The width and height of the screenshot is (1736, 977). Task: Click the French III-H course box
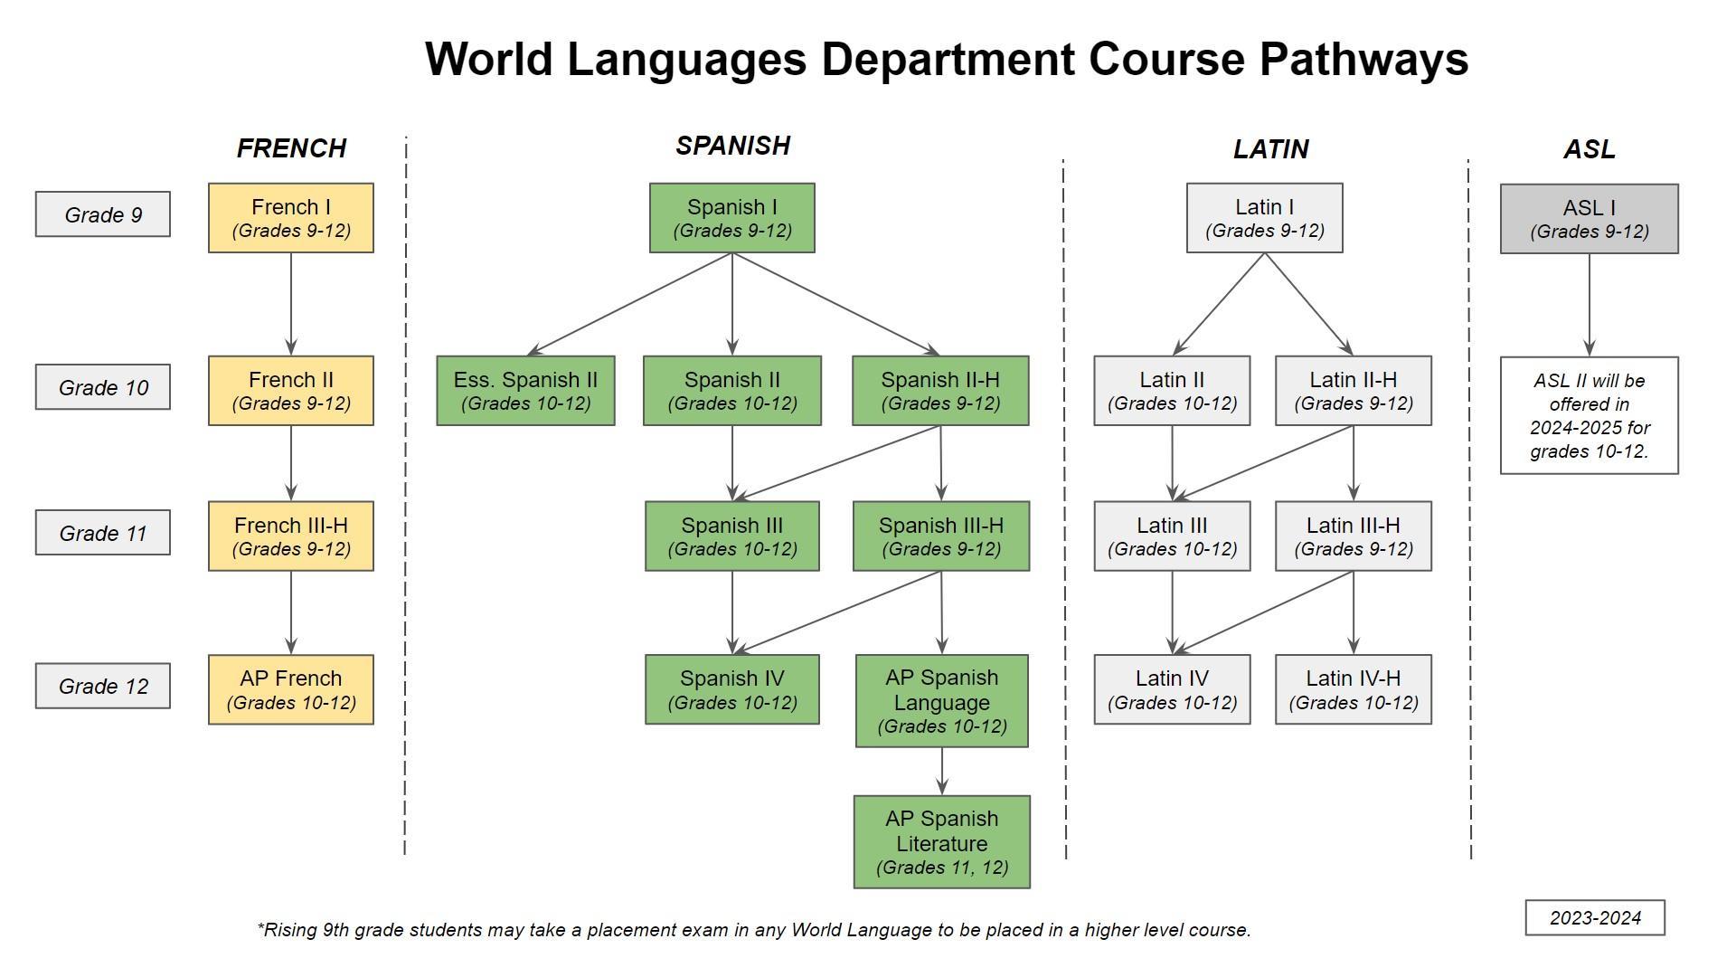(290, 536)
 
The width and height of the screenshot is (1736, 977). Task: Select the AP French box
(290, 689)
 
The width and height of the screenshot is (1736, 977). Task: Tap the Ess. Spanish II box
(525, 390)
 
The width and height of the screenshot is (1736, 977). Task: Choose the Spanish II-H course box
(940, 390)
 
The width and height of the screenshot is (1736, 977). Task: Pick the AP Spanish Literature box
(941, 841)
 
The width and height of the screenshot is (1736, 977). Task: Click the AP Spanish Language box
(941, 701)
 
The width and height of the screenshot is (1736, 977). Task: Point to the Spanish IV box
(731, 689)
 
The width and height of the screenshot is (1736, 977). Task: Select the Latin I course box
(1264, 218)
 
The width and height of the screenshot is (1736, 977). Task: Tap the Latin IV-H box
(1353, 689)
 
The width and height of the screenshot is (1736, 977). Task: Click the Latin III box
(1172, 536)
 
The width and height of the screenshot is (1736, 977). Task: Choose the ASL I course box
(1589, 219)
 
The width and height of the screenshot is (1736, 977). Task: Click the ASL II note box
(1589, 415)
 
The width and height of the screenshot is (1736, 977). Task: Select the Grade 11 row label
(103, 533)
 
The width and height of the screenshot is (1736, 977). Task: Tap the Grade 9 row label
(103, 214)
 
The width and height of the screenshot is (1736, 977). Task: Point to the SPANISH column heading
(732, 146)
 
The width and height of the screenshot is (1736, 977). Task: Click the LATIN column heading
(1270, 149)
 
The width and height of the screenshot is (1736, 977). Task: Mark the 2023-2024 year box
(1594, 917)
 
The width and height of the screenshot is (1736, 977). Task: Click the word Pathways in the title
(1363, 59)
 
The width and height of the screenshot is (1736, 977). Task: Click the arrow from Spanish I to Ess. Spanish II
(629, 304)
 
